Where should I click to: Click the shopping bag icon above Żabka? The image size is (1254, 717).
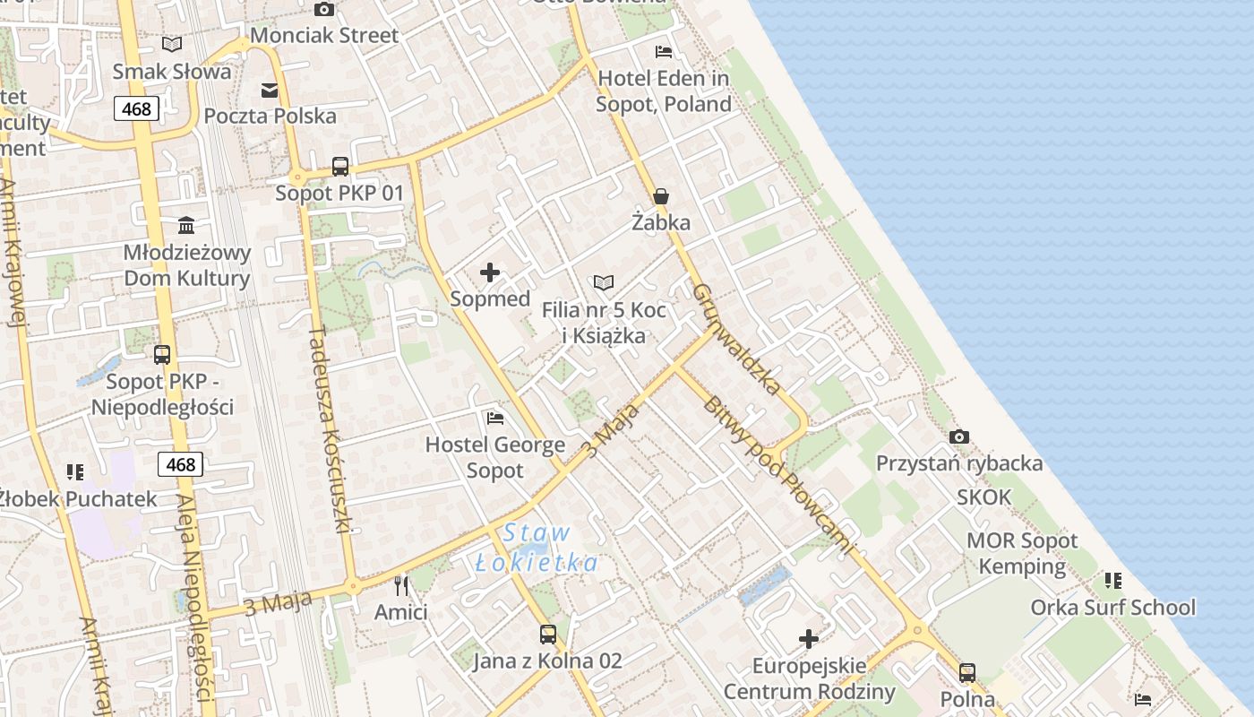[661, 196]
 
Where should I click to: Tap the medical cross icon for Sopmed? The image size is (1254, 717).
[490, 272]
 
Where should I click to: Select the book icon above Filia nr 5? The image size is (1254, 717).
[604, 283]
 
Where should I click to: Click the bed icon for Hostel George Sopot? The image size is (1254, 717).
[494, 418]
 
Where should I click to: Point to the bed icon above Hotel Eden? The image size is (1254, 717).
[663, 51]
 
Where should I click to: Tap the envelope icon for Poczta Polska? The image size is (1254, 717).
[270, 90]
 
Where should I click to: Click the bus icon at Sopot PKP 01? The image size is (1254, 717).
[340, 166]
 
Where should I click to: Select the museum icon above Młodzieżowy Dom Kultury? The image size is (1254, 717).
[186, 225]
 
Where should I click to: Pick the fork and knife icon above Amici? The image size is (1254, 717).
[400, 586]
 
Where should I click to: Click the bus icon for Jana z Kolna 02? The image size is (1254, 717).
[547, 635]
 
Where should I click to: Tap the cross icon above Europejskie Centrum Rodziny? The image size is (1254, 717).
[809, 639]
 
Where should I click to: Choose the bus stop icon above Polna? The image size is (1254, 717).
[966, 672]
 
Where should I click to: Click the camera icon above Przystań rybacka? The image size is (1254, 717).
[959, 436]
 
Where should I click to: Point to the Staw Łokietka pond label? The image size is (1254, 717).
[536, 548]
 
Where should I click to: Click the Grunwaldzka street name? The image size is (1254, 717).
[737, 340]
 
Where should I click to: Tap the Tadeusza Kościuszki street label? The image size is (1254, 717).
[328, 429]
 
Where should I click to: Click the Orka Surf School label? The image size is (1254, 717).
[1112, 608]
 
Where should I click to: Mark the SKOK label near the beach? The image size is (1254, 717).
[983, 497]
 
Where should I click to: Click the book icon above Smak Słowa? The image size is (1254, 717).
[172, 44]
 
